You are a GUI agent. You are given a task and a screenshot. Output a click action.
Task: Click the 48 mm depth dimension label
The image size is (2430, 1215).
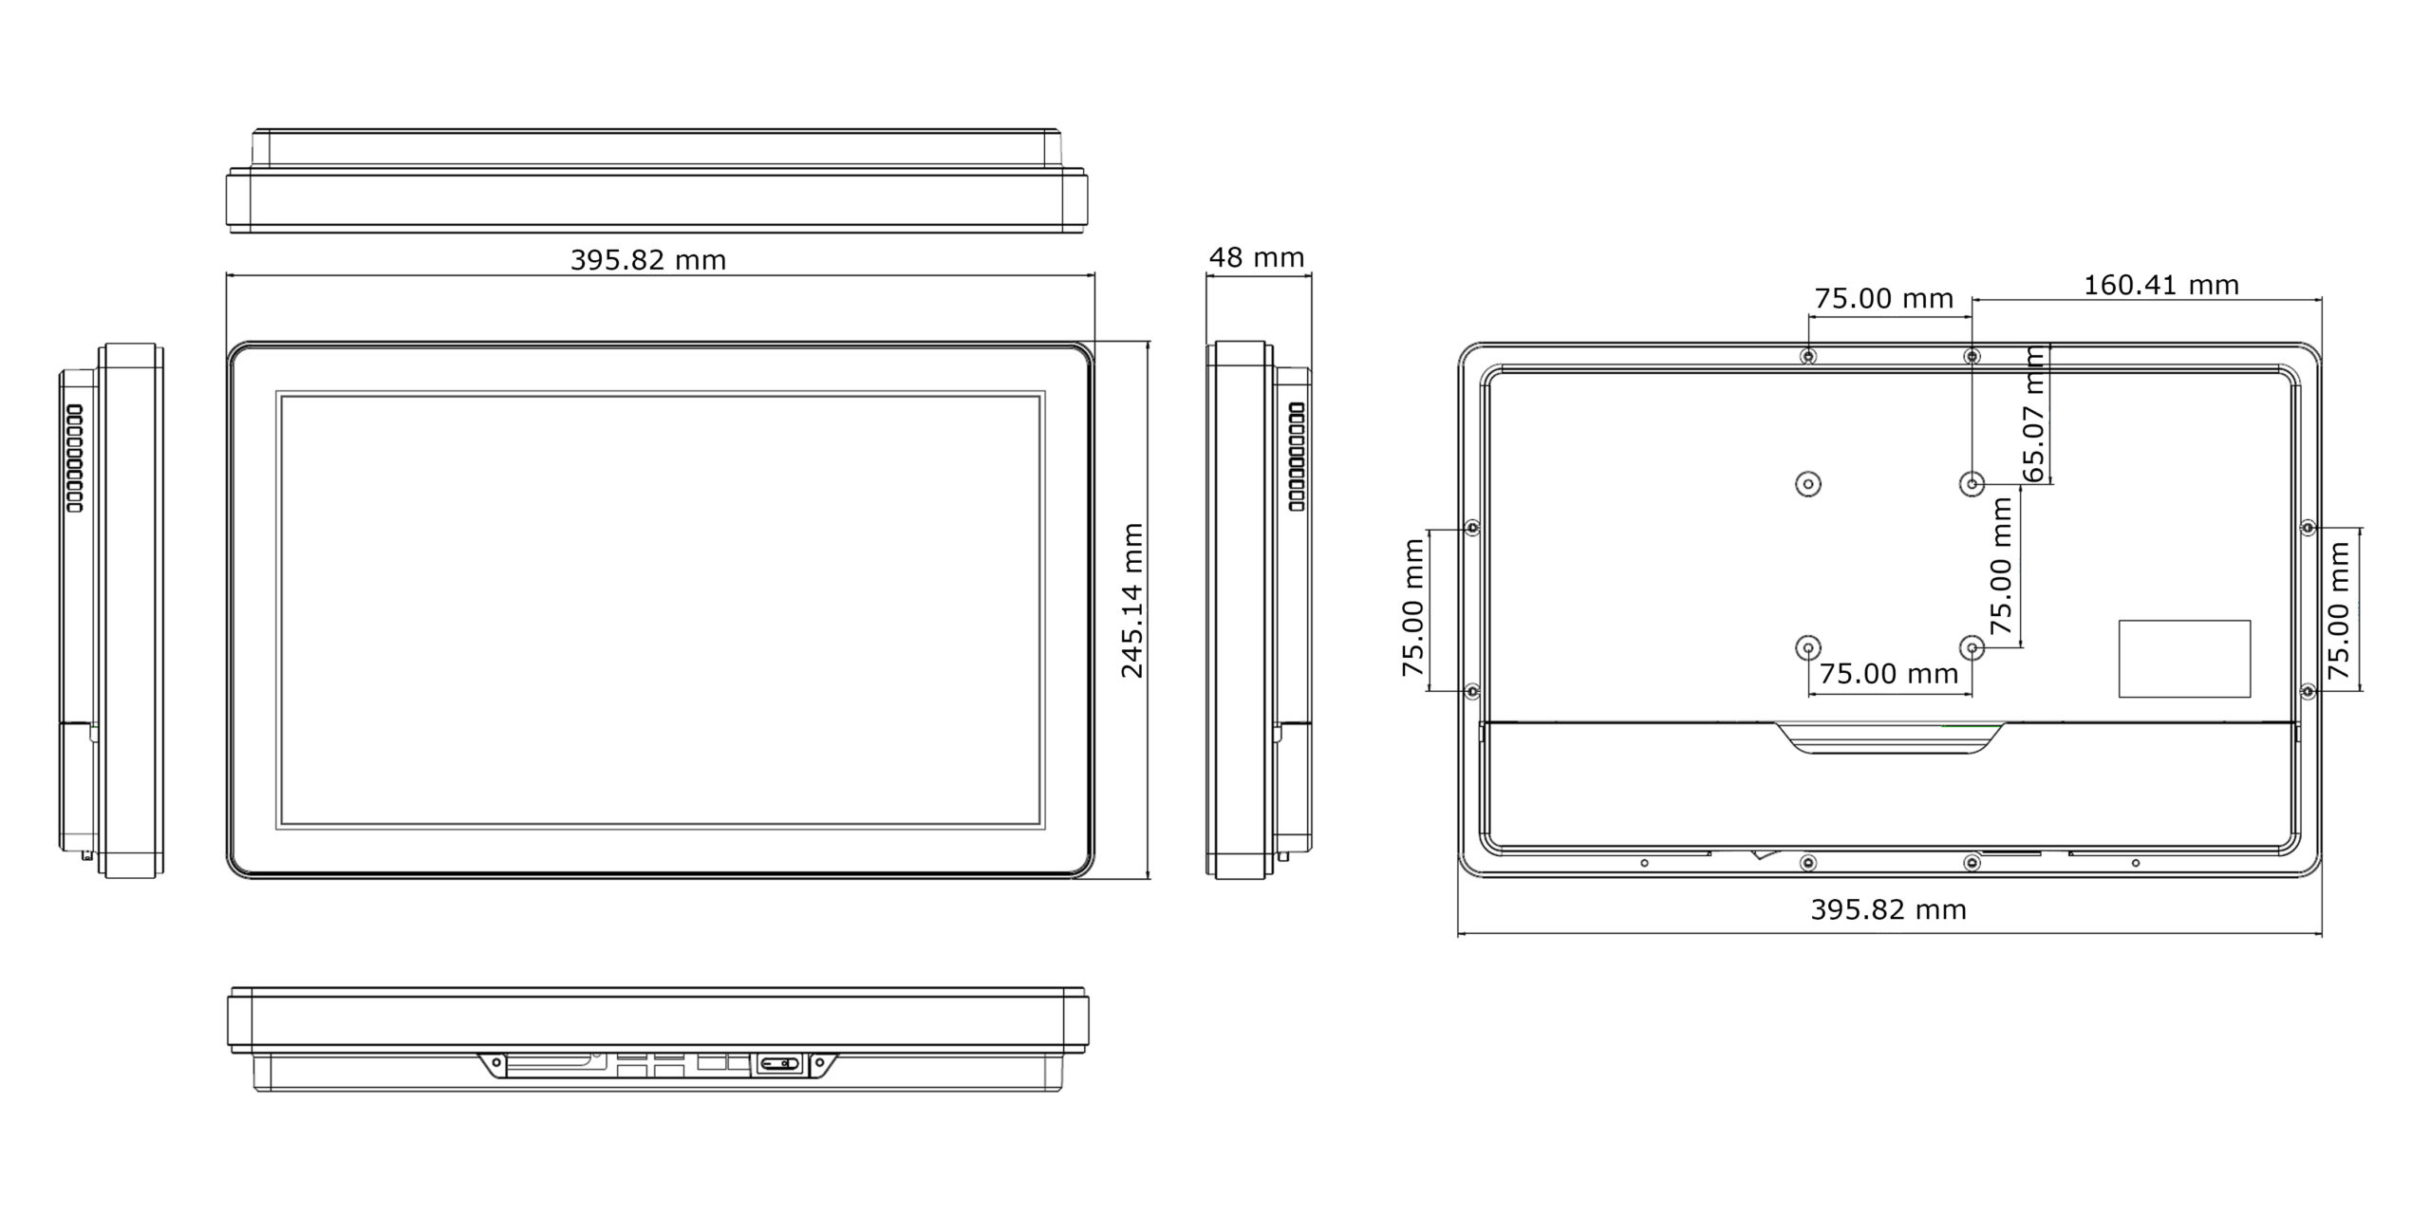[1257, 257]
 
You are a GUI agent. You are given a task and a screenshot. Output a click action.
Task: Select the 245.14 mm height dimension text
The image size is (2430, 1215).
[1131, 600]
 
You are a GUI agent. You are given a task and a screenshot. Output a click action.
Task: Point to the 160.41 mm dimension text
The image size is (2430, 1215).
[2161, 285]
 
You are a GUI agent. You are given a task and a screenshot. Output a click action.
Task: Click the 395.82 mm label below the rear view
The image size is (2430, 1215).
[1888, 909]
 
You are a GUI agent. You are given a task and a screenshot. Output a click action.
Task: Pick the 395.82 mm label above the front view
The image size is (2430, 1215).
[647, 259]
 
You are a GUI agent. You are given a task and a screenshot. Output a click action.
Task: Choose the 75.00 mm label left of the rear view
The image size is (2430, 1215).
[1413, 607]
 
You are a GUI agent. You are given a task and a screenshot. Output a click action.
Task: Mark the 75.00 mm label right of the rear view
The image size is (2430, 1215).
[2339, 609]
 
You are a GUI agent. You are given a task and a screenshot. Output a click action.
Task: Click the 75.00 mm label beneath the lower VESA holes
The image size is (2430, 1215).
[1889, 673]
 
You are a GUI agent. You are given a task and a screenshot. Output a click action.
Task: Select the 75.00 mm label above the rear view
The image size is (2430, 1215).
[1883, 298]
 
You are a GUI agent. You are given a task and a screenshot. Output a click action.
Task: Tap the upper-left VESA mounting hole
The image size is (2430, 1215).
[1808, 484]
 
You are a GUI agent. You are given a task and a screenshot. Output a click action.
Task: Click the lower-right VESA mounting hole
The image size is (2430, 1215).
[1972, 648]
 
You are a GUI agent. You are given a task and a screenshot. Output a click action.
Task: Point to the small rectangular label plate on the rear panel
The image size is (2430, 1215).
[2184, 658]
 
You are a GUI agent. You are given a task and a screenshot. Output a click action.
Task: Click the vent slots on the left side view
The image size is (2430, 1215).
[75, 458]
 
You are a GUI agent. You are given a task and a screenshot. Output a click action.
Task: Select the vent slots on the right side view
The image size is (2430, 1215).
[1297, 457]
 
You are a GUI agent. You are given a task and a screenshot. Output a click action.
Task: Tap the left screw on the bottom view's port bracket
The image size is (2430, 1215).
[495, 1061]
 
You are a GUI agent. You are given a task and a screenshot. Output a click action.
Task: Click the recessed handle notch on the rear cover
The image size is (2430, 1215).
[1889, 738]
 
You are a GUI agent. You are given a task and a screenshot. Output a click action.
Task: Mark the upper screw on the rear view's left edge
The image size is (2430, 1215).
[1471, 528]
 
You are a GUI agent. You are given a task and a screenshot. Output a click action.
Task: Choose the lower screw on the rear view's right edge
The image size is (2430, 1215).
[2308, 691]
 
